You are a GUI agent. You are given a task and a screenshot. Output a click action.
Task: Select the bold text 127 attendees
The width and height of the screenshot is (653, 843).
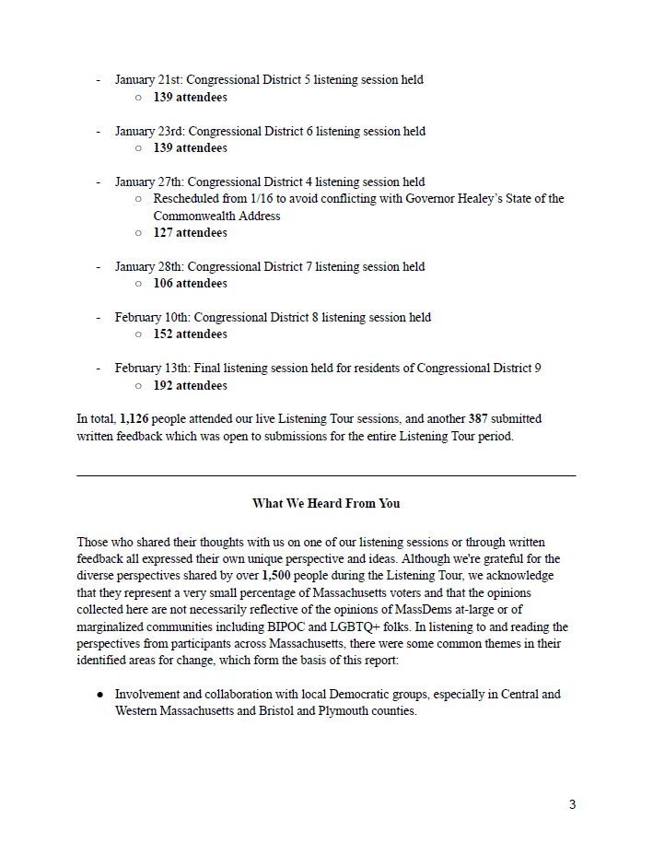pos(190,233)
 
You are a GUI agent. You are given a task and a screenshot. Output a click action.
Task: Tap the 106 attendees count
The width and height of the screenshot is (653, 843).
pos(190,284)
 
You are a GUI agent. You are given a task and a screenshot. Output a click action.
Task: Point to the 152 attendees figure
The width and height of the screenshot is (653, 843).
pos(190,334)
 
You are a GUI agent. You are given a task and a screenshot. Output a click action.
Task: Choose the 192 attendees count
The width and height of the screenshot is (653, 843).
pos(190,386)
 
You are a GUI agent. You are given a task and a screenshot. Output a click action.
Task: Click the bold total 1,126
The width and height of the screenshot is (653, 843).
pos(135,419)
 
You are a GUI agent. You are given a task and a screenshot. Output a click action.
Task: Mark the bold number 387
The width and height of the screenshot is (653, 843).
pos(477,419)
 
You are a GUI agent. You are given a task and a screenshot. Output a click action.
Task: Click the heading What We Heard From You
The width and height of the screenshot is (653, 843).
pos(326,504)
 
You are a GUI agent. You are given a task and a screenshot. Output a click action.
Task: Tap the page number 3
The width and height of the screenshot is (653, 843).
pos(572,805)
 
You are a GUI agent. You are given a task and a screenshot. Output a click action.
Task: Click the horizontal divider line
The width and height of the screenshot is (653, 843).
pos(326,475)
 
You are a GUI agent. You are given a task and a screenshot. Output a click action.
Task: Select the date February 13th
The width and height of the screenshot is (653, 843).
pos(151,369)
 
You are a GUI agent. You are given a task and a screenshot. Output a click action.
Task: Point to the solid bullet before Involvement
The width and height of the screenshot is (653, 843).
pos(99,695)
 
